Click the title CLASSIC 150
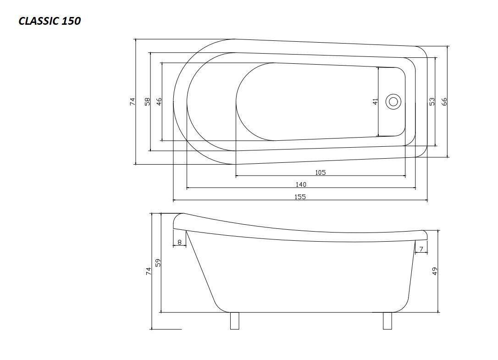(x=50, y=21)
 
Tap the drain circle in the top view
(x=393, y=102)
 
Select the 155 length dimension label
(x=300, y=197)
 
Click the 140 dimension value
(x=301, y=184)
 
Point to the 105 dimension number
(x=321, y=172)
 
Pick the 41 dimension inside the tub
(x=376, y=102)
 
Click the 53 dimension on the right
(x=432, y=102)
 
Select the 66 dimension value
(x=444, y=102)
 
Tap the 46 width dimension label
(x=159, y=102)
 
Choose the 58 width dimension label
(x=147, y=102)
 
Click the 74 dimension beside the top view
(x=133, y=102)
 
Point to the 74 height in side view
(x=148, y=271)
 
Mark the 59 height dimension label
(x=158, y=263)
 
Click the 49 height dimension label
(x=435, y=271)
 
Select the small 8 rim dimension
(x=179, y=243)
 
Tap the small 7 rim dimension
(x=421, y=249)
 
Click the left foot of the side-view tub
(x=234, y=321)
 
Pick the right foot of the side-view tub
(x=387, y=321)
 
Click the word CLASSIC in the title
(x=39, y=21)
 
